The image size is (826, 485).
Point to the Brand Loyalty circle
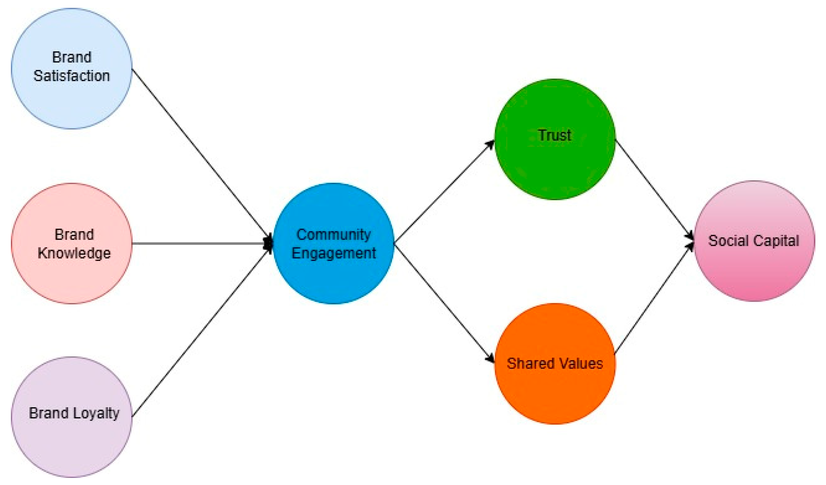coord(72,442)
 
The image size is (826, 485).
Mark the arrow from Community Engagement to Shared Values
coord(444,303)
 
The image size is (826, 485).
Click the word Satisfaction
coord(72,76)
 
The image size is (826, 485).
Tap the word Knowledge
coord(74,253)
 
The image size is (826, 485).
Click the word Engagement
coord(334,253)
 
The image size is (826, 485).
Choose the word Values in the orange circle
coord(581,364)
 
